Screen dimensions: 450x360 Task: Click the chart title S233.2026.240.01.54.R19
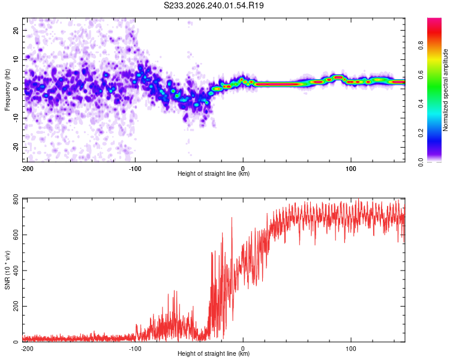pyautogui.click(x=214, y=5)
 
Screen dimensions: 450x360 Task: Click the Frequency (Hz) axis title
pyautogui.click(x=7, y=90)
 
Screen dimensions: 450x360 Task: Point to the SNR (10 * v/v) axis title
pyautogui.click(x=7, y=270)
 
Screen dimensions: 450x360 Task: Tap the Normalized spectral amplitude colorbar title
pyautogui.click(x=445, y=90)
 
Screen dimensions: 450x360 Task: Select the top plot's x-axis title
pyautogui.click(x=214, y=173)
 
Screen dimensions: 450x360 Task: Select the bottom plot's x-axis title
pyautogui.click(x=214, y=353)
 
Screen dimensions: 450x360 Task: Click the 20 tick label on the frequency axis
pyautogui.click(x=16, y=31)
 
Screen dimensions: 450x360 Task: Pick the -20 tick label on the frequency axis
pyautogui.click(x=16, y=147)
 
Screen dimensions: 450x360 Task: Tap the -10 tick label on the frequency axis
pyautogui.click(x=16, y=118)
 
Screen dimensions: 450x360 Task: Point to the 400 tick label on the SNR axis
pyautogui.click(x=16, y=271)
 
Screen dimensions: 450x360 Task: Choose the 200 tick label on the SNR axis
pyautogui.click(x=16, y=307)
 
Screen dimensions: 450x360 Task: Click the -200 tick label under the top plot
pyautogui.click(x=27, y=169)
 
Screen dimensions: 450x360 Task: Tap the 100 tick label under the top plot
pyautogui.click(x=351, y=169)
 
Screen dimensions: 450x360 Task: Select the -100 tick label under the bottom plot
pyautogui.click(x=135, y=349)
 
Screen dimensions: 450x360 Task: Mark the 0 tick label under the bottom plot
pyautogui.click(x=243, y=349)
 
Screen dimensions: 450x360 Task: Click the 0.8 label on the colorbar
pyautogui.click(x=421, y=46)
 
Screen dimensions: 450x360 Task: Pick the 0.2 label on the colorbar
pyautogui.click(x=421, y=133)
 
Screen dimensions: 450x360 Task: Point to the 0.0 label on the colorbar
pyautogui.click(x=421, y=162)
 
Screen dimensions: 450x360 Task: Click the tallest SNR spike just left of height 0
pyautogui.click(x=232, y=218)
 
